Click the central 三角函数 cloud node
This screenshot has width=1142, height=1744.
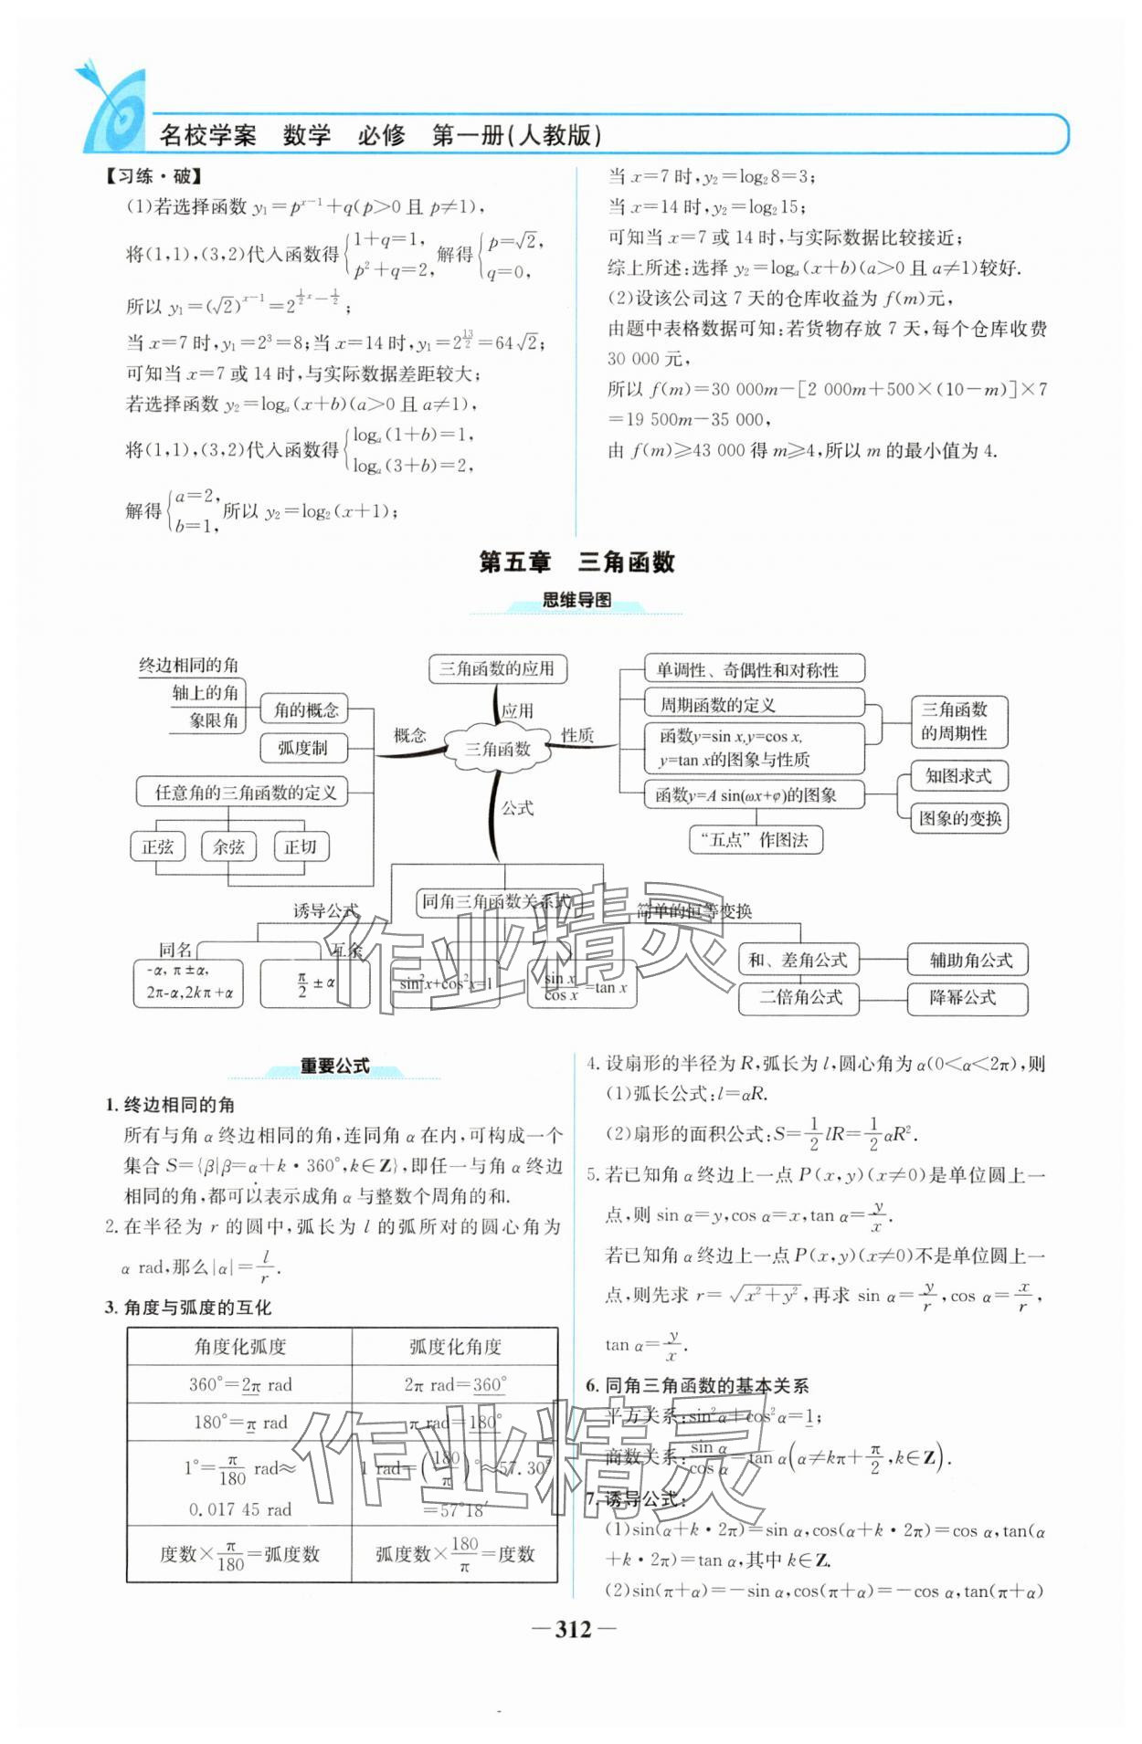coord(498,749)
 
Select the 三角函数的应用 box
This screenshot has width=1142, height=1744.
coord(497,668)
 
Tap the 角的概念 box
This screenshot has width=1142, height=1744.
coord(306,709)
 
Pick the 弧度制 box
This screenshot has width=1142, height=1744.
coord(302,748)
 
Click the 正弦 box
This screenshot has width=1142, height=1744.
coord(157,846)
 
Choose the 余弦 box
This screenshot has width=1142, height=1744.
coord(228,846)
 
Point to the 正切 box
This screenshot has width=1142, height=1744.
coord(301,846)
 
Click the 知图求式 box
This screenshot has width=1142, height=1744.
coord(957,776)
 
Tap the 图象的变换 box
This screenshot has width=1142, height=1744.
coord(959,818)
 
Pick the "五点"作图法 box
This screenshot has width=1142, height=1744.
coord(755,840)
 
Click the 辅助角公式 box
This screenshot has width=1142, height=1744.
coord(970,960)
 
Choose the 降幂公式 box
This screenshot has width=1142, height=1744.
coord(965,998)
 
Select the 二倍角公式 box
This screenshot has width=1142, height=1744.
coord(801,997)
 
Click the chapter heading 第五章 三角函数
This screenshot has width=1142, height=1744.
coord(576,562)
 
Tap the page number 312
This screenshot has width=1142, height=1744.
coord(574,1629)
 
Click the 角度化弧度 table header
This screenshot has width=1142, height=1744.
coord(240,1346)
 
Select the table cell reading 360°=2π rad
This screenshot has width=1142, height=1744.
coord(240,1384)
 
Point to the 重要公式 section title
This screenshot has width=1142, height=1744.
coord(334,1066)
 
